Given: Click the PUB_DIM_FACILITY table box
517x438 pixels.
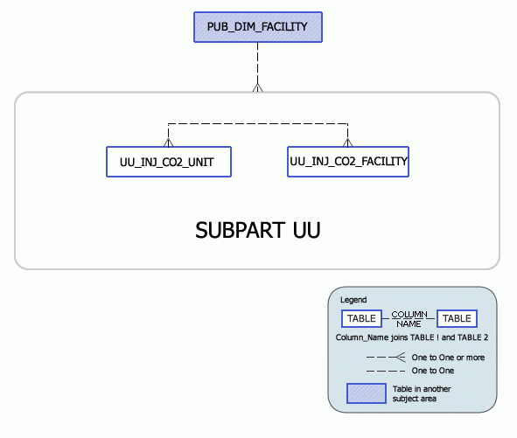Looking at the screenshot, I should pos(257,26).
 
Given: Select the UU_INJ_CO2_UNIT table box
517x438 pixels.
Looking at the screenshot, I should pos(168,162).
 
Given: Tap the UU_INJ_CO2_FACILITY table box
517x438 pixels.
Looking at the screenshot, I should pos(348,161).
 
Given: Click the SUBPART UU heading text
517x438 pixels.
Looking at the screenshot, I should pos(257,231).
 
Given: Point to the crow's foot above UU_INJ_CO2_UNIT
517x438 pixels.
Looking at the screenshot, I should pos(168,140).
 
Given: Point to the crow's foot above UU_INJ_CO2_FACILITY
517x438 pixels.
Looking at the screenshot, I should pos(348,140).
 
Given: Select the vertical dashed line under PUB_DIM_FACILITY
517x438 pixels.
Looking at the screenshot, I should pos(257,61).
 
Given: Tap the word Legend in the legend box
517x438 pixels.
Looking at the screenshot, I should pos(353,300).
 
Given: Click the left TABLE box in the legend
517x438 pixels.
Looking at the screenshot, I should pos(360,318).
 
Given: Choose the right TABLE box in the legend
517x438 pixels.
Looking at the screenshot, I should pos(457,318).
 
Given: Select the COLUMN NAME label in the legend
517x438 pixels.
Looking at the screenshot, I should pos(409,318).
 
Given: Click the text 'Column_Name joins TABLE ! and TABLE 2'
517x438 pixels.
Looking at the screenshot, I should pos(411,337).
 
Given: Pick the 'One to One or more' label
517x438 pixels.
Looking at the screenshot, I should pos(448,357).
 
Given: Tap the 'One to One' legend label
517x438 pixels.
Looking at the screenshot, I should pos(433,371).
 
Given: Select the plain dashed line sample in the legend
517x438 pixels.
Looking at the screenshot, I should pos(385,371).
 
